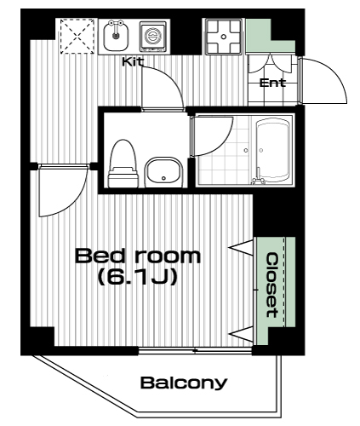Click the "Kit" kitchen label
pos(133,61)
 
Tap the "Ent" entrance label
pos(272,83)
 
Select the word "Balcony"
pos(184,383)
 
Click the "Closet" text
pos(272,285)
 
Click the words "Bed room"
pos(138,256)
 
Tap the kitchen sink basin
pos(115,36)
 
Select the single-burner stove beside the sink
pos(152,37)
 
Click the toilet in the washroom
pos(123,164)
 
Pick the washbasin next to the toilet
pos(163,173)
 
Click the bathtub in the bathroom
pos(272,151)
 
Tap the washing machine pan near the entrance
pos(224,37)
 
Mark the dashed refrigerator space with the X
pos(77,36)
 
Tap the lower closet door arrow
pos(241,334)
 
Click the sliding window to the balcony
pos(195,351)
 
